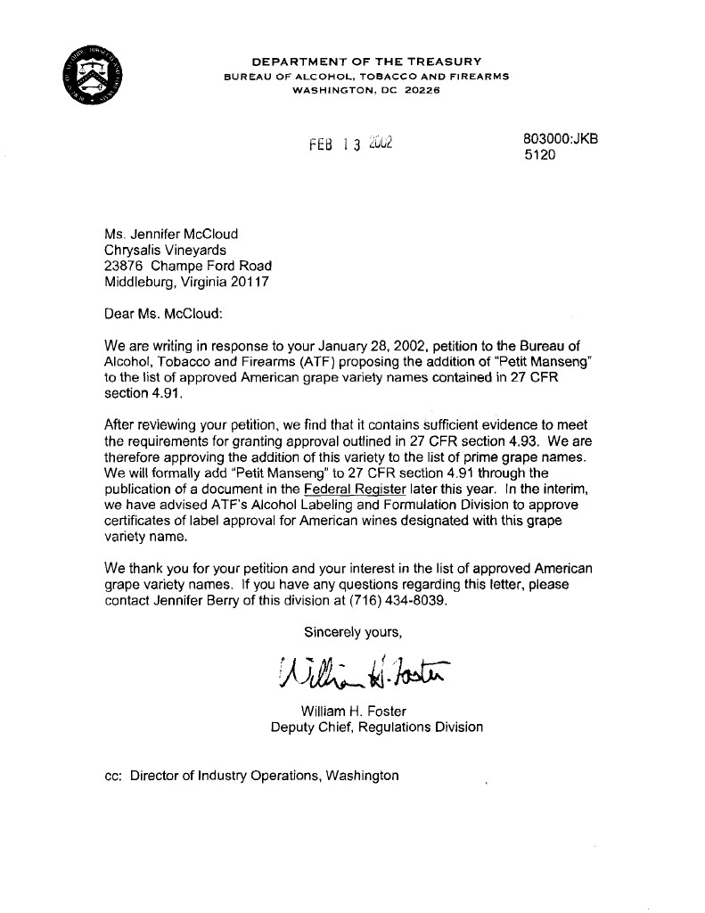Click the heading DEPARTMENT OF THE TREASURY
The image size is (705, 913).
366,62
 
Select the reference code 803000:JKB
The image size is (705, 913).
561,139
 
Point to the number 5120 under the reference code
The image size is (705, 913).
539,155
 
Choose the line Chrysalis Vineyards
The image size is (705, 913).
165,251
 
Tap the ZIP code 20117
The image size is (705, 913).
246,282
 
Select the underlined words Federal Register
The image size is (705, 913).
349,489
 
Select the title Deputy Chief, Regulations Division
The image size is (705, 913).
377,727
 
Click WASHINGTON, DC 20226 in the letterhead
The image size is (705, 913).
366,91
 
